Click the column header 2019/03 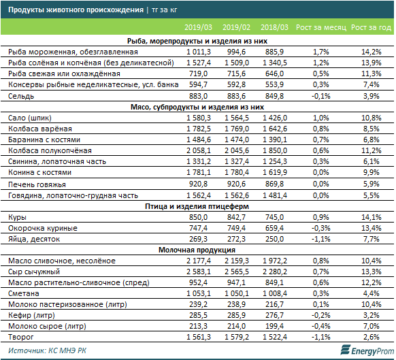point(198,27)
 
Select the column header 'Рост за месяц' point(321,27)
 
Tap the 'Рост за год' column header point(372,27)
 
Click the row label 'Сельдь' point(21,96)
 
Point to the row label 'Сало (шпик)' point(30,118)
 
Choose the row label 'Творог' point(20,337)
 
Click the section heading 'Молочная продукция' point(197,250)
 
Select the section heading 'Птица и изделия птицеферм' point(197,206)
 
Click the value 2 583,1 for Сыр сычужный point(199,272)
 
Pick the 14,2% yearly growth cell point(372,52)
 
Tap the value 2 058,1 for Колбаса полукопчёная point(199,150)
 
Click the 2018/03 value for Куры point(274,217)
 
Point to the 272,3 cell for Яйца point(236,239)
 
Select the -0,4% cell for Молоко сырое point(321,326)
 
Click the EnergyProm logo point(367,350)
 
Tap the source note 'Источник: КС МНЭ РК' point(47,350)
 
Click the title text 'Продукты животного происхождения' point(76,10)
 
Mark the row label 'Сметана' point(24,293)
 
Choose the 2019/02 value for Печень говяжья point(236,184)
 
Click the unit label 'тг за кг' point(165,10)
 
